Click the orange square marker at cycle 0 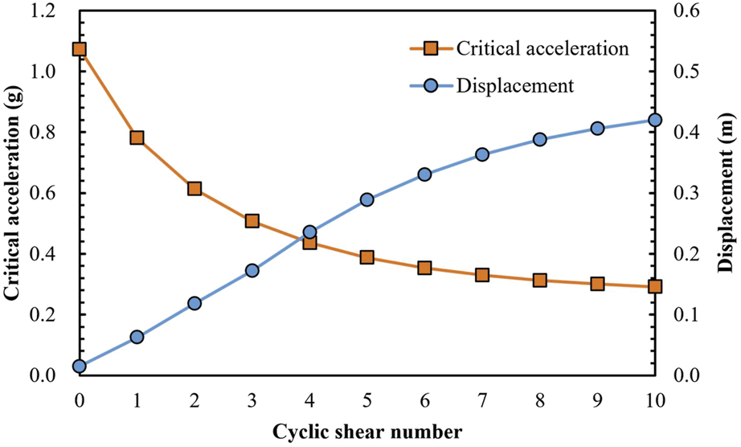79,49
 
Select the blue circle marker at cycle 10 654,120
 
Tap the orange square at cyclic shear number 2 194,188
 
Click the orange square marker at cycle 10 654,286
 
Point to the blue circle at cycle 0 79,366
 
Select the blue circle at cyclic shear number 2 194,303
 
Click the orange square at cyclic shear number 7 482,275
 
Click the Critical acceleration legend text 542,47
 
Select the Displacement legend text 514,86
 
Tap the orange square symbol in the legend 429,47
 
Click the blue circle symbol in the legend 429,86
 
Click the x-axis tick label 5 366,400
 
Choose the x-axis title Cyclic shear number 366,429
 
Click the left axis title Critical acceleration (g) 14,193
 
